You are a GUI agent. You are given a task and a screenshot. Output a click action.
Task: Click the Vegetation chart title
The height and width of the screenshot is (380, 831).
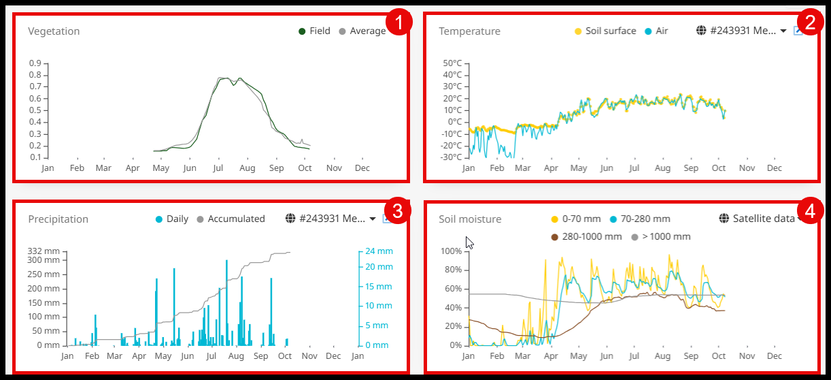[x=54, y=31]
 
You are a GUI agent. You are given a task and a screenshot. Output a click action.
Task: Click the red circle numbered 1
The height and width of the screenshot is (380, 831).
[x=398, y=22]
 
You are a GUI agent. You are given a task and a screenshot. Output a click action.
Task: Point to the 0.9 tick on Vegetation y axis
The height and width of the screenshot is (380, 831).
[x=34, y=63]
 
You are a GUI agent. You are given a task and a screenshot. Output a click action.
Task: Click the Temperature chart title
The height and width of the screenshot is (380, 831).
[x=469, y=31]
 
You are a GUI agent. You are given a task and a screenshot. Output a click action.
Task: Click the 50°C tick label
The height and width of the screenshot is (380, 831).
[x=452, y=63]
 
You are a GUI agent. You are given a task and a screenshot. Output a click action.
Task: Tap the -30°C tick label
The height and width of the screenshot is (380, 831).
[x=452, y=157]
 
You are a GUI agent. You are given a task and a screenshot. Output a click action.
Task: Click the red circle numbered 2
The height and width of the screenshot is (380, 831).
[x=809, y=22]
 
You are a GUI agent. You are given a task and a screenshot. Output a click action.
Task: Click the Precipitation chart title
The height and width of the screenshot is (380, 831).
[x=58, y=219]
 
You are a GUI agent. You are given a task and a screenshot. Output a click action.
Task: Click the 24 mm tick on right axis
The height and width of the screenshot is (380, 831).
[x=379, y=251]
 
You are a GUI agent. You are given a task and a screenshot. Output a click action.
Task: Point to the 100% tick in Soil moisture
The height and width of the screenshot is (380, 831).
[x=451, y=251]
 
